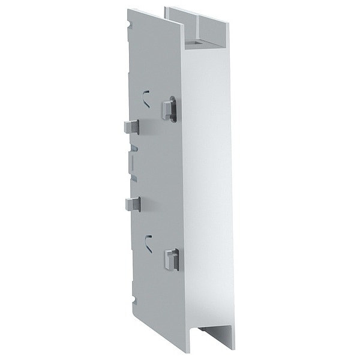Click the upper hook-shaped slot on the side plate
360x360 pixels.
(x=146, y=97)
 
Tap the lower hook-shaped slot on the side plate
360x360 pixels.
(x=148, y=242)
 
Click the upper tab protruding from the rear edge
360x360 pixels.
(x=131, y=126)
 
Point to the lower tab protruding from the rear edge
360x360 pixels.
(x=133, y=204)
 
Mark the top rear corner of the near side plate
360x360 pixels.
(x=128, y=9)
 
